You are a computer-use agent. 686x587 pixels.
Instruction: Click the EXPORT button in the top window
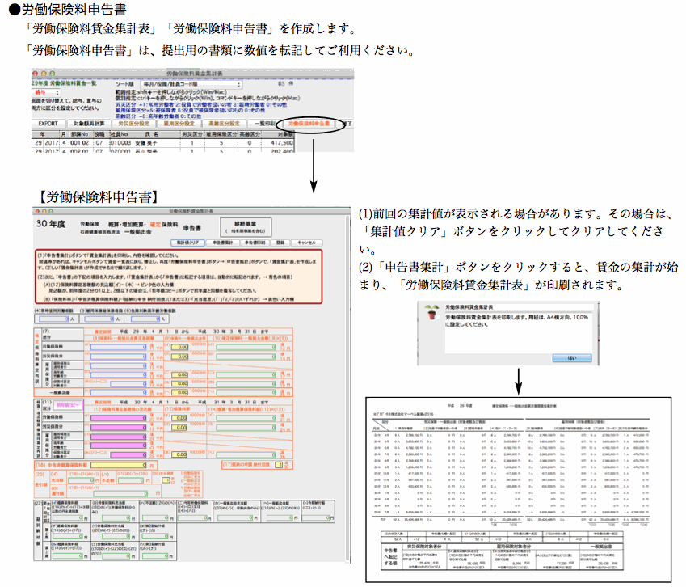tap(48, 124)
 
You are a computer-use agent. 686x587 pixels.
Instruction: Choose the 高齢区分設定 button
tap(225, 124)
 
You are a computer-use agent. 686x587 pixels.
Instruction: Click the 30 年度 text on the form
tap(52, 224)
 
